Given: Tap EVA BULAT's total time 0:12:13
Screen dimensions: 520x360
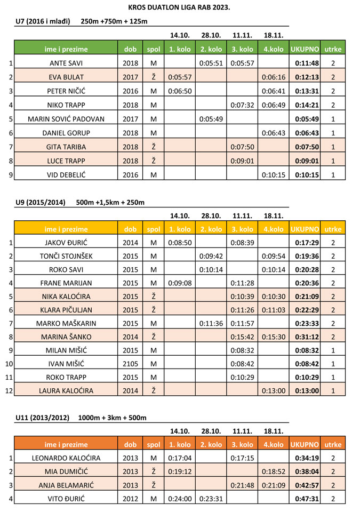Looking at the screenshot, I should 304,77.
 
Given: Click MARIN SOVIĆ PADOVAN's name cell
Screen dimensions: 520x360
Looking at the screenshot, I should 66,118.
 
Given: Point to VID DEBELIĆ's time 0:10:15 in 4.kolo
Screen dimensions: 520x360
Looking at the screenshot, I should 274,174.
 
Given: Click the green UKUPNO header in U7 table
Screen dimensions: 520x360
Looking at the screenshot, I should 304,49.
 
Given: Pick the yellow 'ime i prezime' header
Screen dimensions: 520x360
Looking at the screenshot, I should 66,229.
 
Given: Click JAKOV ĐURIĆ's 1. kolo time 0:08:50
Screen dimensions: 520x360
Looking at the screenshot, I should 180,243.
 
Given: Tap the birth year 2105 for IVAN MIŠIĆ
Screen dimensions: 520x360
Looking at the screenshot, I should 130,363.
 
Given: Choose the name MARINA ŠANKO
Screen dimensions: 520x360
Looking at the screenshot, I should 66,337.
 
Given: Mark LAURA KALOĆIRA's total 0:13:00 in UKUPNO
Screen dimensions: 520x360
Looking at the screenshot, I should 304,390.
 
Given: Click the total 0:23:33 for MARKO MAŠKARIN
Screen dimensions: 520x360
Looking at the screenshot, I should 304,323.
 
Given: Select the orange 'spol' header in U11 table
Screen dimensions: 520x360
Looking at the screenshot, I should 154,444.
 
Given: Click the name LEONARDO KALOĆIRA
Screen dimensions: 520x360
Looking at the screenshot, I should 66,458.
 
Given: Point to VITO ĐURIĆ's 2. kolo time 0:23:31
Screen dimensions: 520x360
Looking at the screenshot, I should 211,499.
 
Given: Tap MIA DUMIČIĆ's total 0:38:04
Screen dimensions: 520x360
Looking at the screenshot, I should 304,471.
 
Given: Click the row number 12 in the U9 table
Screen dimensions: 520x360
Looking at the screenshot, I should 8,390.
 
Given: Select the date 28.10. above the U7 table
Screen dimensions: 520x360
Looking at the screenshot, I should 211,35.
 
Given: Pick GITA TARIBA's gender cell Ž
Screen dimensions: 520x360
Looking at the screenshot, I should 154,146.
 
